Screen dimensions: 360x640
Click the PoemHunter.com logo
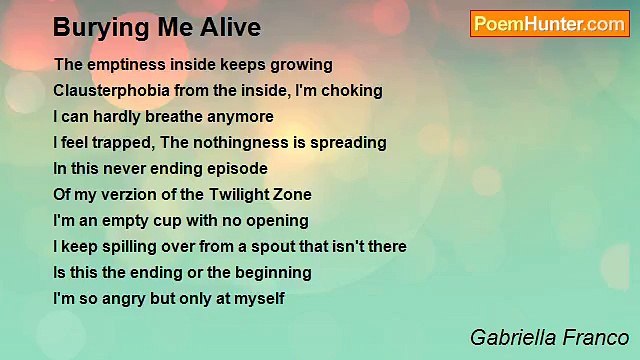point(549,24)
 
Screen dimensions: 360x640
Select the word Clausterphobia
point(109,90)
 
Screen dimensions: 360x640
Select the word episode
point(237,168)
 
